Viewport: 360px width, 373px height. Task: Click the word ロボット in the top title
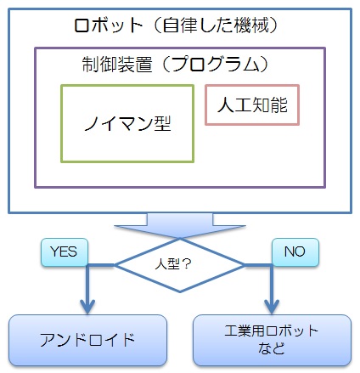point(108,25)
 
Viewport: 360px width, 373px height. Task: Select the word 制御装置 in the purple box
point(117,64)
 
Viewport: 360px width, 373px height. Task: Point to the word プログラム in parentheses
point(216,64)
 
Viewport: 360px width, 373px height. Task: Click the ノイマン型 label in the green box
point(127,123)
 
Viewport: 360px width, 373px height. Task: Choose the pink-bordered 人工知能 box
point(252,105)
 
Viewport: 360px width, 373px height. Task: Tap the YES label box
point(65,252)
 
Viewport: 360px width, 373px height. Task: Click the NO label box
point(295,252)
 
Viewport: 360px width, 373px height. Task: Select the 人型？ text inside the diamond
point(173,264)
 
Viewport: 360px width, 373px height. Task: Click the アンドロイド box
point(87,340)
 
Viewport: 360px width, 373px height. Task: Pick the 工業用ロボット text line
point(272,331)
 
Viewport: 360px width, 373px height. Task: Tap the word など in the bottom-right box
point(272,348)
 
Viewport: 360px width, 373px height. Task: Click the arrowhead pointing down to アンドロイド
point(87,307)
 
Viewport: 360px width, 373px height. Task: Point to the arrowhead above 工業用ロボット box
point(272,307)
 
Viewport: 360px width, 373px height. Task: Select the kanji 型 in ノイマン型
point(162,123)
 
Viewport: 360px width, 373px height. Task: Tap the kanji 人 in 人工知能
point(226,105)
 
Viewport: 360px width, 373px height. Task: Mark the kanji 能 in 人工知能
point(278,105)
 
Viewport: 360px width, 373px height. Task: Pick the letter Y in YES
point(54,251)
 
